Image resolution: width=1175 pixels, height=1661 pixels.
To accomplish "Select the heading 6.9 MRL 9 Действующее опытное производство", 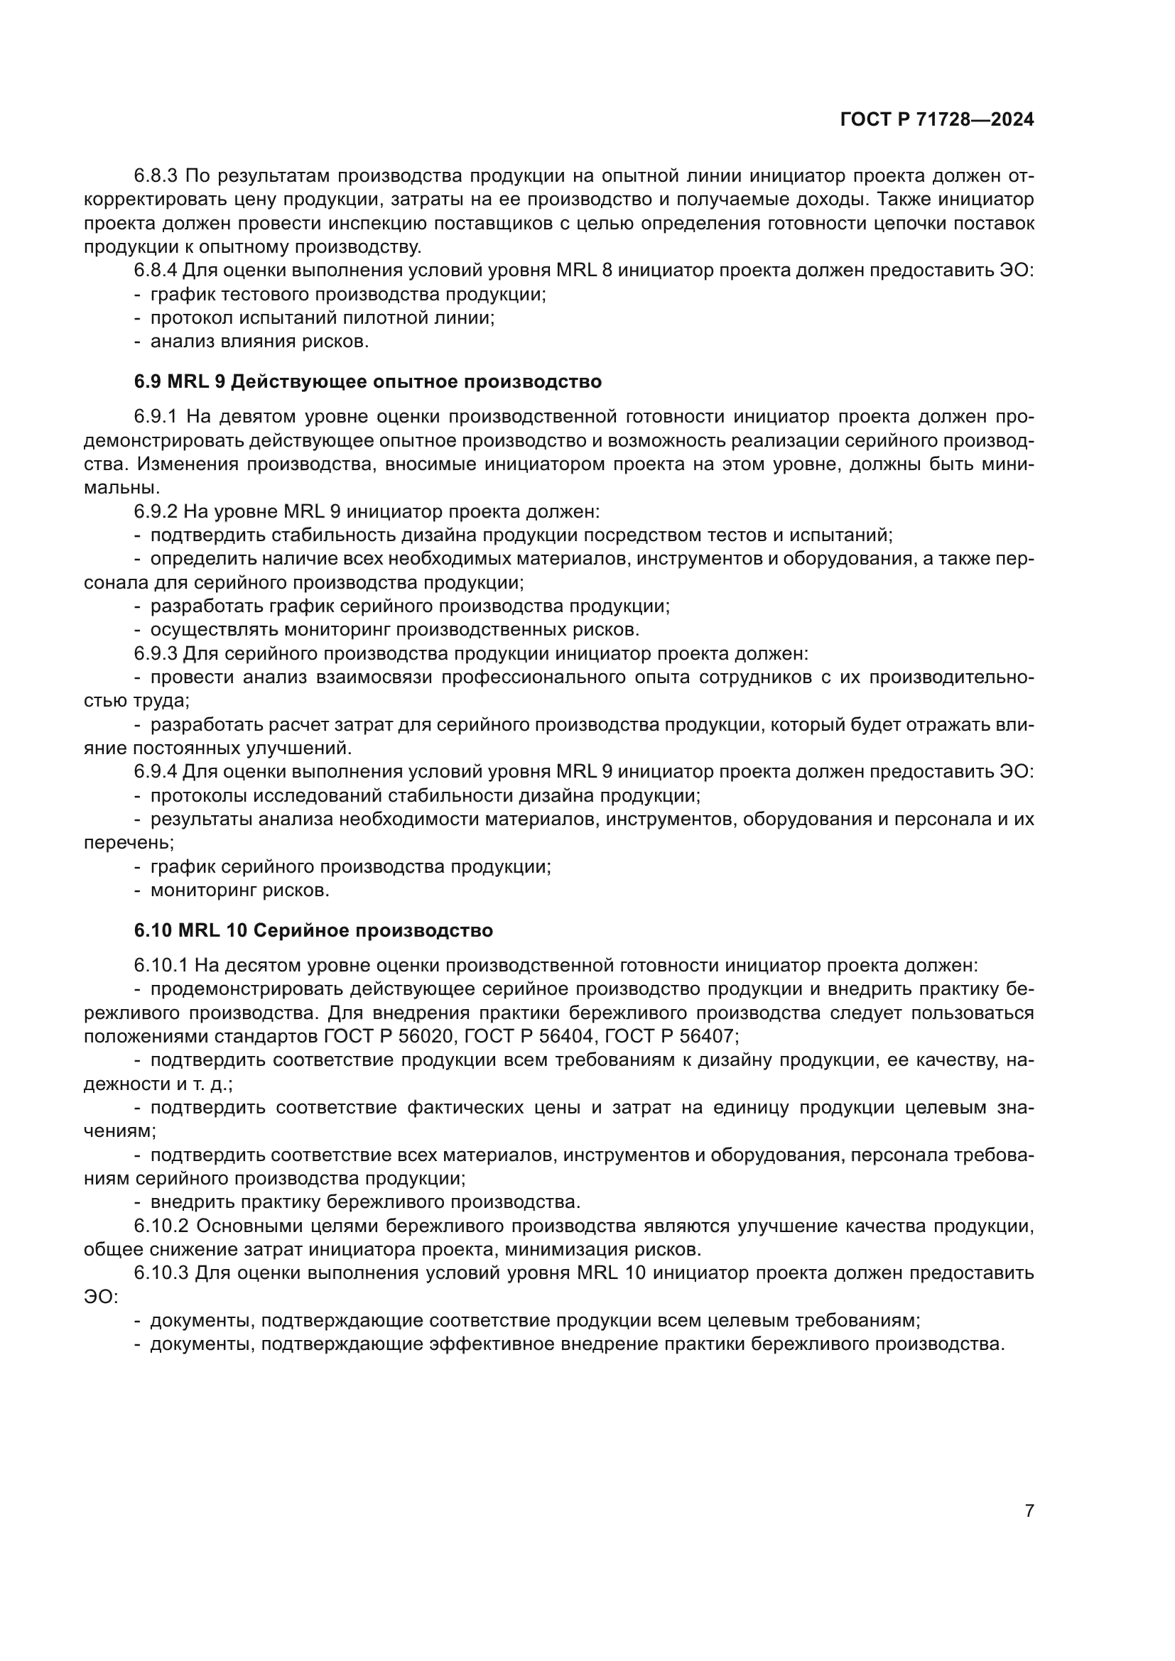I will tap(367, 381).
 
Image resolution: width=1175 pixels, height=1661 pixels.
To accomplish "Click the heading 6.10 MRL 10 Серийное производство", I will tap(313, 930).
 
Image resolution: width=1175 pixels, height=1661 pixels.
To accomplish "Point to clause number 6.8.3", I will tap(156, 176).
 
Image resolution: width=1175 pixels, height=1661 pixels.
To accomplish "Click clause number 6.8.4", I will tap(156, 271).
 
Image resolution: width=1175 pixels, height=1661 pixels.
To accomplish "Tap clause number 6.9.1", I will tap(156, 417).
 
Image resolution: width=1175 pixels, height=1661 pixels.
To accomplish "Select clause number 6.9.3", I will tap(156, 654).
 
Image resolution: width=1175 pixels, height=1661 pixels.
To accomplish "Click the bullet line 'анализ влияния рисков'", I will tap(259, 342).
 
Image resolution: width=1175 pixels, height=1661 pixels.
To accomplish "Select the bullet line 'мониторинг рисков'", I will tap(239, 891).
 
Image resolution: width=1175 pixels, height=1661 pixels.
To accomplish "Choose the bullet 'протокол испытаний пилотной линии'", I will tap(322, 317).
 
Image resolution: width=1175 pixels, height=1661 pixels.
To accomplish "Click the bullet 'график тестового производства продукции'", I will tap(347, 295).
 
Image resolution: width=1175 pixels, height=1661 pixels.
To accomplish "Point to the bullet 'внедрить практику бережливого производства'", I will tap(364, 1202).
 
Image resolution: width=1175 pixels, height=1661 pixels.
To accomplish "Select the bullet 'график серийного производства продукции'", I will tap(350, 866).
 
